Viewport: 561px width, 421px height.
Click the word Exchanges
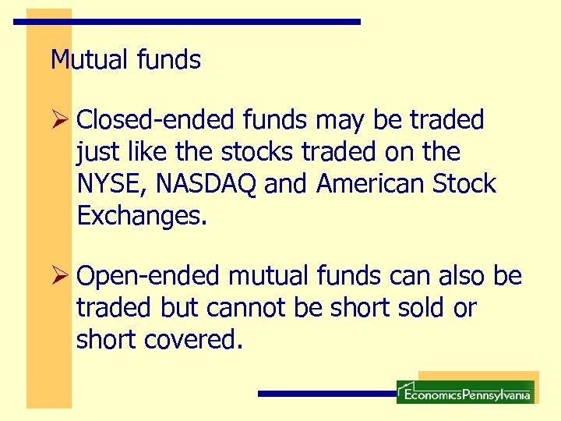point(142,216)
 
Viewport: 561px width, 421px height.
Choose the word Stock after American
point(464,184)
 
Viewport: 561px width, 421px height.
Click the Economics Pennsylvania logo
point(465,392)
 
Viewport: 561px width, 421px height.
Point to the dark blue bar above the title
point(187,22)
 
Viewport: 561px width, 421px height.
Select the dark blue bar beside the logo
point(326,394)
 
